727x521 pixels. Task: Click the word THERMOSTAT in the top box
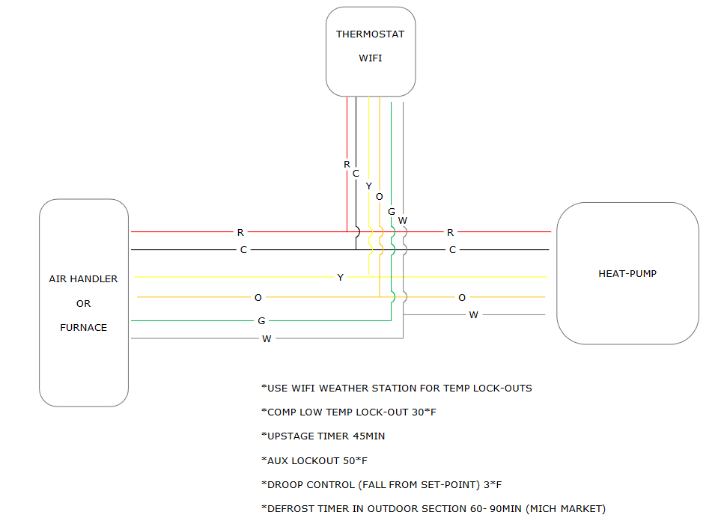[370, 34]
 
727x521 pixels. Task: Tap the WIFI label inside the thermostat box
[370, 58]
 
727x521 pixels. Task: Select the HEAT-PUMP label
[627, 274]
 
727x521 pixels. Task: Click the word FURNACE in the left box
[83, 327]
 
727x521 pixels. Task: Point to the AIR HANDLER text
[83, 279]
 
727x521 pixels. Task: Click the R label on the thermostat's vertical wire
[347, 164]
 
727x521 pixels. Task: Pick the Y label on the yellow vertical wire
[368, 186]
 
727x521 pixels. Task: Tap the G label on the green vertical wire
[391, 212]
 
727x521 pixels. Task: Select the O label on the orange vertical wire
[379, 197]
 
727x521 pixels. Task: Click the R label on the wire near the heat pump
[450, 233]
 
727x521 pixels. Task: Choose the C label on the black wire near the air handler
[243, 250]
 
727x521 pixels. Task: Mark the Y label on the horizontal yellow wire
[340, 278]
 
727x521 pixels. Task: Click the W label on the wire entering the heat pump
[473, 315]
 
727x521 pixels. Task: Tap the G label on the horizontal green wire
[261, 321]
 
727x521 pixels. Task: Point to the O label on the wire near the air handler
[258, 298]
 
